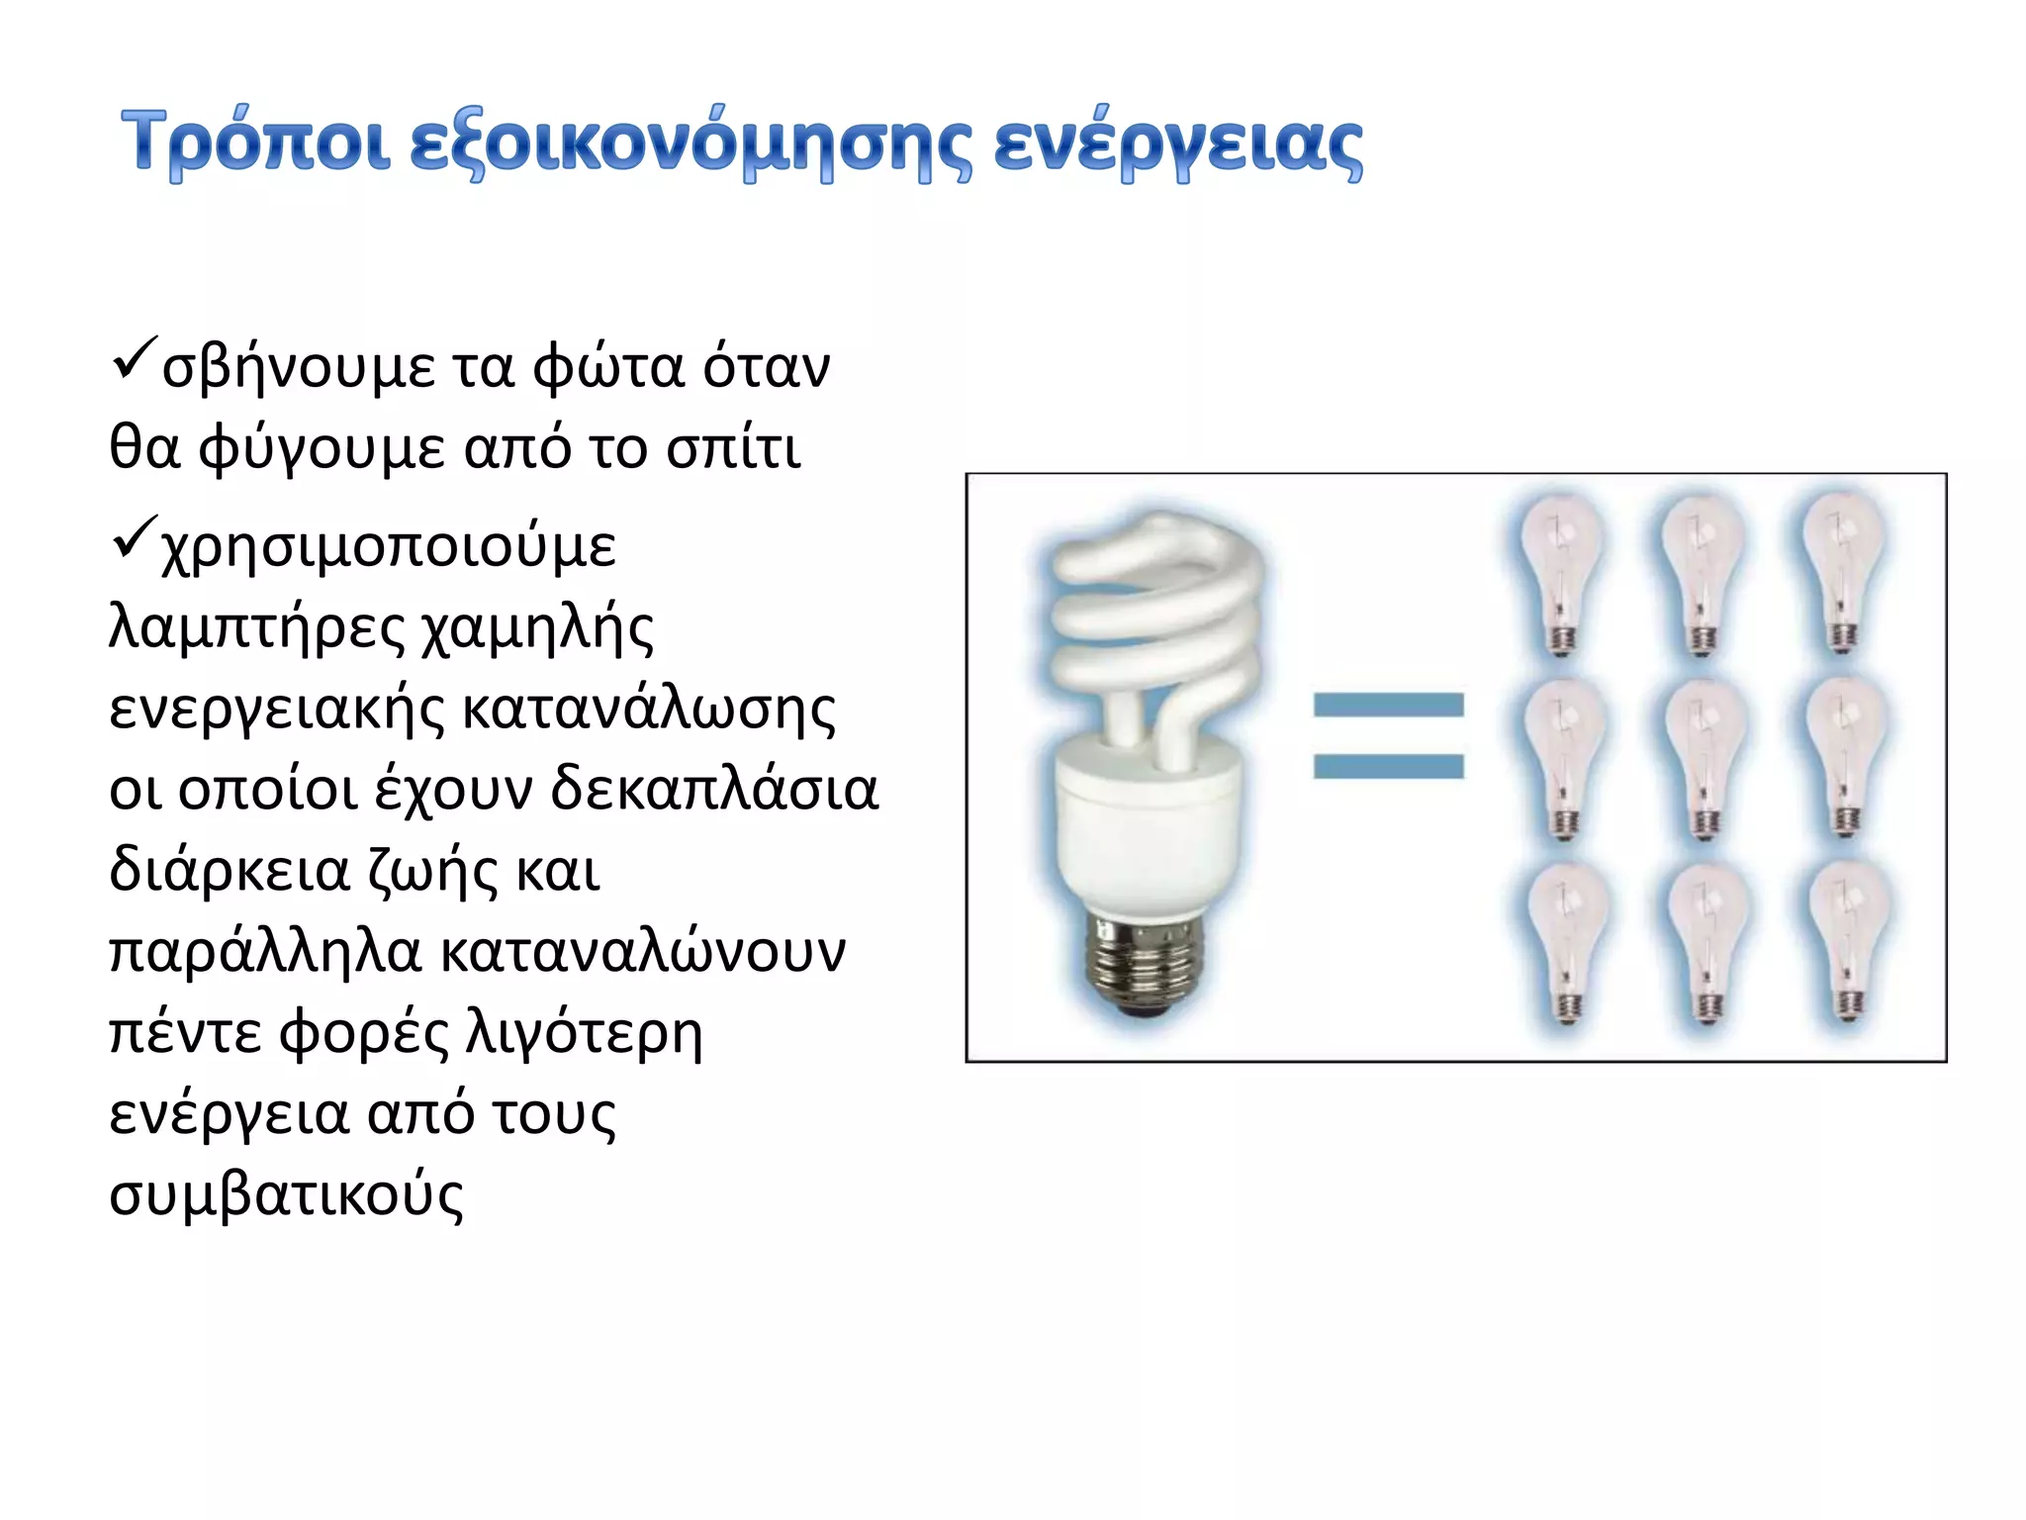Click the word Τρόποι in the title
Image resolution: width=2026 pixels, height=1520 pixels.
254,144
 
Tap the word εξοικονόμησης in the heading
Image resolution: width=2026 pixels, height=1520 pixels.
690,146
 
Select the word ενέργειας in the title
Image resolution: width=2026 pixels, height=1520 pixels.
1177,146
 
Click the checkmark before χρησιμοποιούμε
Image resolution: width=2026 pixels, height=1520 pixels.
132,537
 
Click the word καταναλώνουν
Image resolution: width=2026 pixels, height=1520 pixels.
643,953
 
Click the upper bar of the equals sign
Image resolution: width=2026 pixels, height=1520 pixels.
1388,705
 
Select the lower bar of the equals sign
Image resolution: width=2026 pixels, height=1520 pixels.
1388,766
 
